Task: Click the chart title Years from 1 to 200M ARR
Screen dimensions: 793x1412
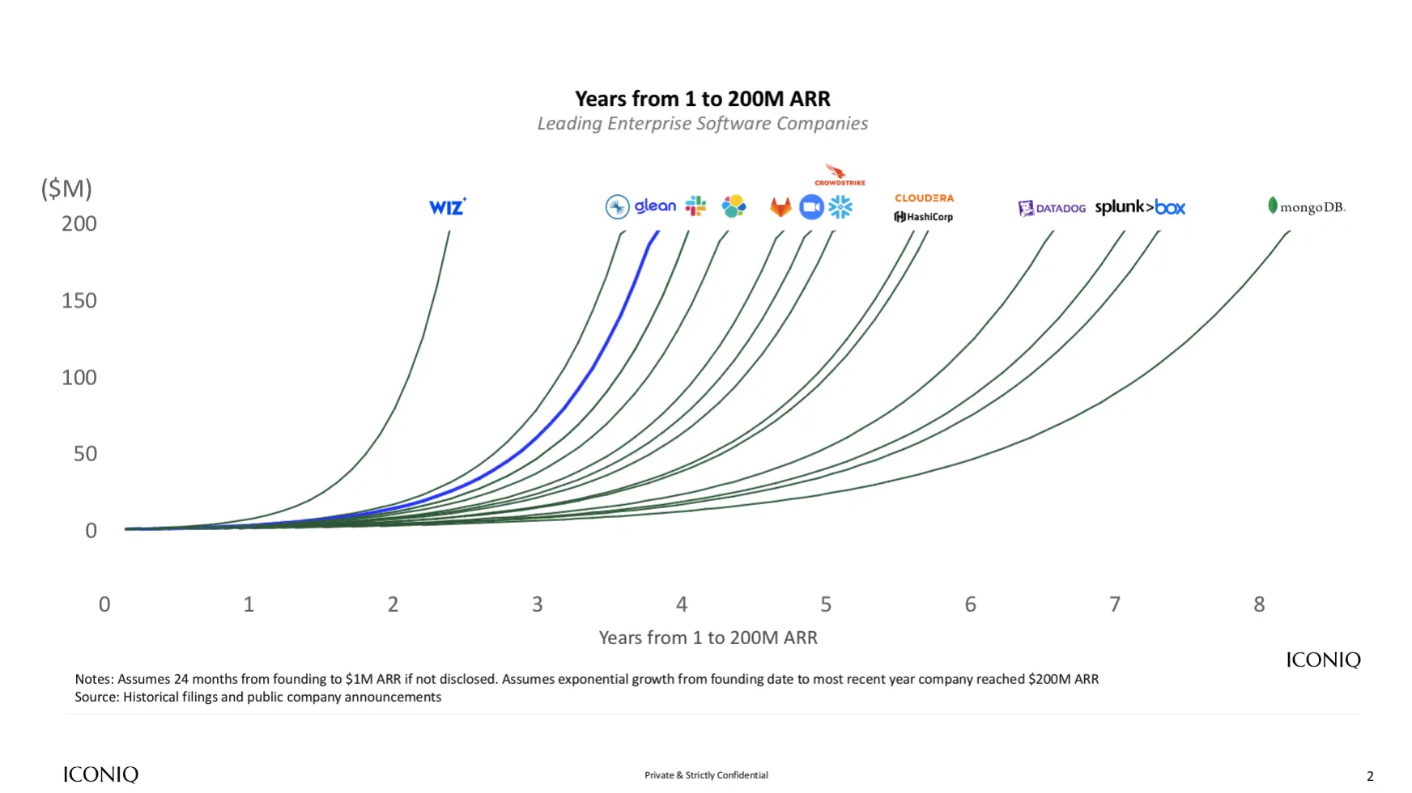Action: (702, 99)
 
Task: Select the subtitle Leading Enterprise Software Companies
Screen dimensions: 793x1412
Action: (702, 124)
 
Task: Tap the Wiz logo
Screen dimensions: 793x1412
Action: (447, 207)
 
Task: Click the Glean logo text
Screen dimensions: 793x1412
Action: (654, 206)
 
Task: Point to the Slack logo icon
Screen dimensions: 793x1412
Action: (695, 206)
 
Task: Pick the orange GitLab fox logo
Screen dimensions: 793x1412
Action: (780, 207)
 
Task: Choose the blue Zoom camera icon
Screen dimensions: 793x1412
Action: (811, 207)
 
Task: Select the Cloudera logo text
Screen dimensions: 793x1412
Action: (924, 198)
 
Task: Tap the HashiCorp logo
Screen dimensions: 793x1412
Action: (924, 217)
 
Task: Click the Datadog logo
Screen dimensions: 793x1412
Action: (1052, 208)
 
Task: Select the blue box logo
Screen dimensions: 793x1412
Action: (1170, 208)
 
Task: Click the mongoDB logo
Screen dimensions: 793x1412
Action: (1306, 207)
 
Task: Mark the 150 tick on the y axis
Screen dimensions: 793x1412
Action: (79, 301)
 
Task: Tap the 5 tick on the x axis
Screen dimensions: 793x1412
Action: (826, 604)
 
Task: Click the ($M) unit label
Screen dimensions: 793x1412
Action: (66, 189)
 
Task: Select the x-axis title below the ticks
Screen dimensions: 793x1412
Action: (708, 638)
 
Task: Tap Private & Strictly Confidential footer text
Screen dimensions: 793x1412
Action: (706, 775)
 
